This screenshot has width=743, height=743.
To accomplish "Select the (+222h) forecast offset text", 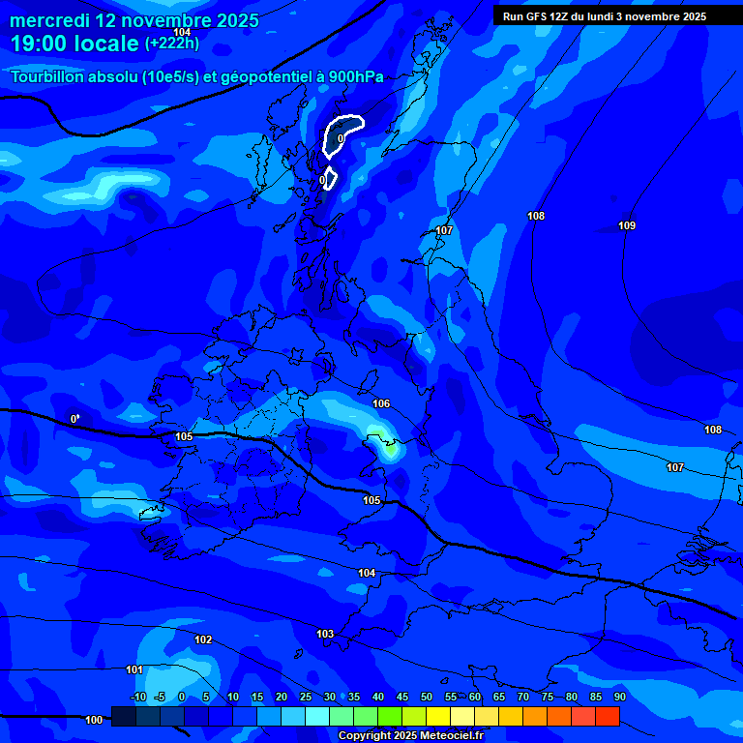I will coord(171,44).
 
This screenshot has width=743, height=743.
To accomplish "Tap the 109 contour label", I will coord(627,225).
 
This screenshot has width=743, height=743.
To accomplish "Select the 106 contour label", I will coord(381,403).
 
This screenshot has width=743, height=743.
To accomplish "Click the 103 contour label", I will coord(325,634).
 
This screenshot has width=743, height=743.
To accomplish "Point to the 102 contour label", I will coord(203,639).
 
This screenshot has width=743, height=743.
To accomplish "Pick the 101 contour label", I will coord(134,669).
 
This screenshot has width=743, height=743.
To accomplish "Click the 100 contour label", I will coord(94,720).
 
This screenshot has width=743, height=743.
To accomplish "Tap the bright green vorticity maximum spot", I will coord(390,447).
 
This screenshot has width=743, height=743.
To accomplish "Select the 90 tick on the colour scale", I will coord(619,697).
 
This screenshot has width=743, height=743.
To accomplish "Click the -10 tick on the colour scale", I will coord(137,697).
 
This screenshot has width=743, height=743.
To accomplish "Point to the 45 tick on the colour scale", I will coord(402,697).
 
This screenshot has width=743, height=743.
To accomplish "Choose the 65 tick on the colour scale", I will coord(499,697).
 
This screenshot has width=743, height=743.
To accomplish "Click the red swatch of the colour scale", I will coord(607,716).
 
